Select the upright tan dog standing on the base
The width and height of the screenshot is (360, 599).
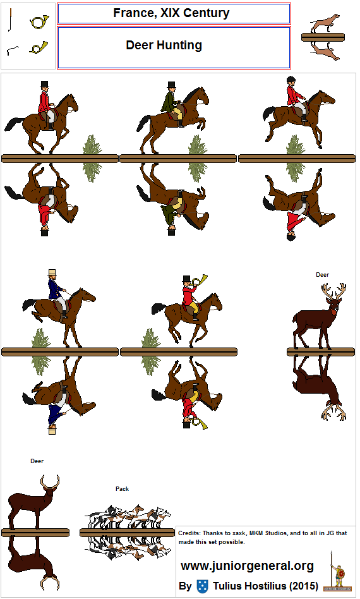pos(325,23)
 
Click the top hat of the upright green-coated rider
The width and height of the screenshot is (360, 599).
pos(171,85)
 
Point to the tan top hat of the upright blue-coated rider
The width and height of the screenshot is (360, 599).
pos(52,273)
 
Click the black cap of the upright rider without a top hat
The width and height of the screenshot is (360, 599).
pos(291,80)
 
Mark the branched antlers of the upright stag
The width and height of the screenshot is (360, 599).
pos(333,291)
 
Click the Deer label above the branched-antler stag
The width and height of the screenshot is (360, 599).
pos(322,275)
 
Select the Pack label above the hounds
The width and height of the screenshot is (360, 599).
pos(122,489)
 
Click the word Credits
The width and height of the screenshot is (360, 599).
pos(189,533)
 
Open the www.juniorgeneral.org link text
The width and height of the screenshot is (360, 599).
pos(248,566)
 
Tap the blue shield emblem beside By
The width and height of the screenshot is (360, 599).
pos(202,586)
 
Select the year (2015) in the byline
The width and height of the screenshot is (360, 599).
pos(304,586)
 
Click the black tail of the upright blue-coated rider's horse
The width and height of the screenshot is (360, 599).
pos(29,304)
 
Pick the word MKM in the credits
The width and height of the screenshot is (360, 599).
pos(256,533)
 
